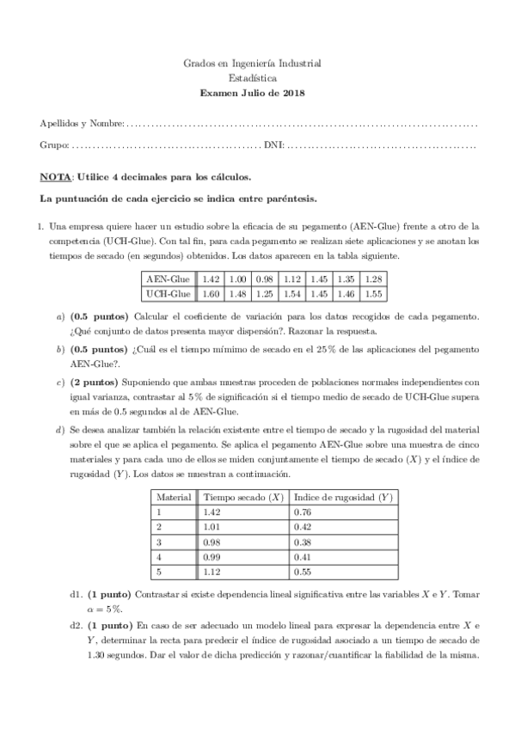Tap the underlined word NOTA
pos(55,178)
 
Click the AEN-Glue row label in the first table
pos(168,279)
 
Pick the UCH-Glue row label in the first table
pos(168,294)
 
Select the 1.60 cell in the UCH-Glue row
pos(211,294)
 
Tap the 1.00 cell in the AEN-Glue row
pos(238,279)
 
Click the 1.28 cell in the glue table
pos(373,279)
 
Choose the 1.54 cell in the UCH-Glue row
pos(291,294)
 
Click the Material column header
pos(173,498)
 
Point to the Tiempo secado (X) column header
pos(242,498)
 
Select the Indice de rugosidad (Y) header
pos(343,498)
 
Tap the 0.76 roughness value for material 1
pos(302,512)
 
